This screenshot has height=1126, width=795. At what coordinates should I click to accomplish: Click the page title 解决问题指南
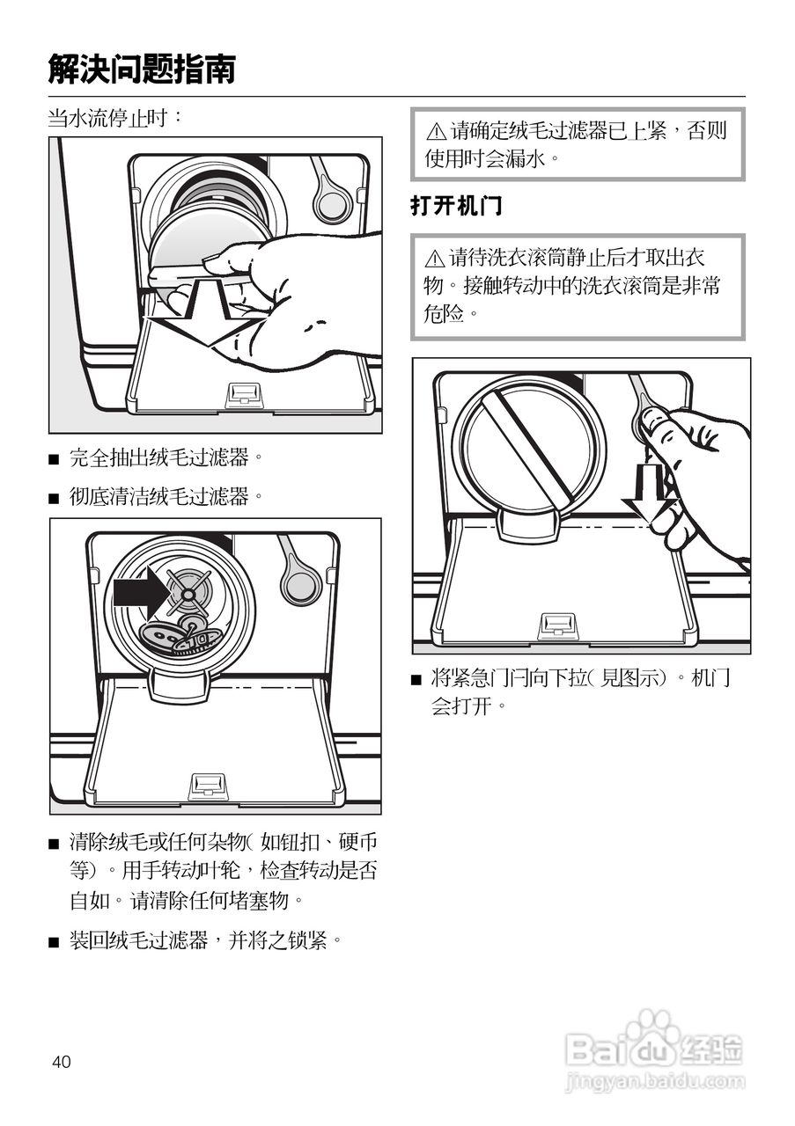pos(142,68)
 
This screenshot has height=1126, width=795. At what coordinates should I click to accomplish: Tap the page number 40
pos(61,1062)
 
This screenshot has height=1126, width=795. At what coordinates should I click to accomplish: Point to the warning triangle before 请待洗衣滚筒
pos(435,260)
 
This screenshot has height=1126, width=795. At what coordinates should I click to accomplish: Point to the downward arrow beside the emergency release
pos(649,493)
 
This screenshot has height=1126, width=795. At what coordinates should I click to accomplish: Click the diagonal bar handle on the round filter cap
pos(528,445)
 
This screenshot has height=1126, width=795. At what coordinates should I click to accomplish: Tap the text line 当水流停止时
pos(115,118)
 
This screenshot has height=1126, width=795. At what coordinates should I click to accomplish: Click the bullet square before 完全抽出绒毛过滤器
pos(54,458)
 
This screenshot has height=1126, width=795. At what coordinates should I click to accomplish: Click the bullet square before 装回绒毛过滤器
pos(54,942)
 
